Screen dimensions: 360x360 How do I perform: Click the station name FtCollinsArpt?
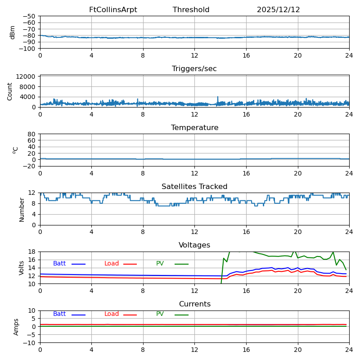[113, 10]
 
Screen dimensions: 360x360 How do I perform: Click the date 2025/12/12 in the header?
[278, 10]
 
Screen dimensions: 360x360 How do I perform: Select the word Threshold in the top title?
[191, 10]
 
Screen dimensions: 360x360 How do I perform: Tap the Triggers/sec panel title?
[194, 69]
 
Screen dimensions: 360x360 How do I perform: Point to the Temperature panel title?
[194, 128]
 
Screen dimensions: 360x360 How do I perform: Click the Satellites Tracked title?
[194, 187]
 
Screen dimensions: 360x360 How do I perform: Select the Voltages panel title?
[194, 245]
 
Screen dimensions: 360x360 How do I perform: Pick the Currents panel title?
[194, 304]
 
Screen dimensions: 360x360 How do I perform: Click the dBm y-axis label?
[13, 32]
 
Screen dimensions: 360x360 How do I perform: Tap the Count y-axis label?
[10, 91]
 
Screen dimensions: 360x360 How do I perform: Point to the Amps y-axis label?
[16, 327]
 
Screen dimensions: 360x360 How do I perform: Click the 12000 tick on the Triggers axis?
[27, 77]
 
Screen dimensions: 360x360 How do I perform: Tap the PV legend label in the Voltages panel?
[161, 264]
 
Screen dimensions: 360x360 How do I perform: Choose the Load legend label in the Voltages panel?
[112, 264]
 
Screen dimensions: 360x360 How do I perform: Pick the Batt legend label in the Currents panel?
[59, 314]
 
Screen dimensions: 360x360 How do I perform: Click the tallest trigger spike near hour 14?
[218, 97]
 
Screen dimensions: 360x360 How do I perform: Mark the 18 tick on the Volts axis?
[33, 252]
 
